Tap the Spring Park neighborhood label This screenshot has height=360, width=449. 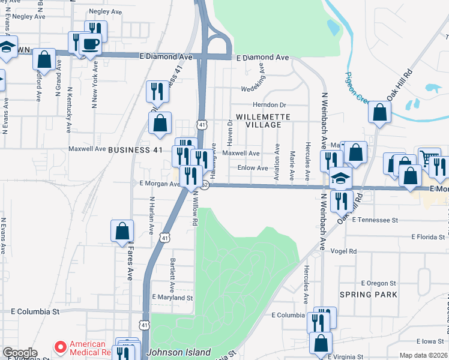(x=369, y=295)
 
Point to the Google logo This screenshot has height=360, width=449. (x=20, y=353)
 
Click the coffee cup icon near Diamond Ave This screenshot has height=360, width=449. (x=91, y=44)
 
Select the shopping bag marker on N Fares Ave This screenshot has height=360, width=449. (x=122, y=230)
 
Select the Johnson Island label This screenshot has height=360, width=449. (x=179, y=352)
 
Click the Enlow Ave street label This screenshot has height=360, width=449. (x=253, y=168)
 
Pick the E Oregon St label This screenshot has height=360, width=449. (x=379, y=283)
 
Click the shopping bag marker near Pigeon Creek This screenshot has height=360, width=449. (x=379, y=112)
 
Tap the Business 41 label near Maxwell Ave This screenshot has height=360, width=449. (x=134, y=149)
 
